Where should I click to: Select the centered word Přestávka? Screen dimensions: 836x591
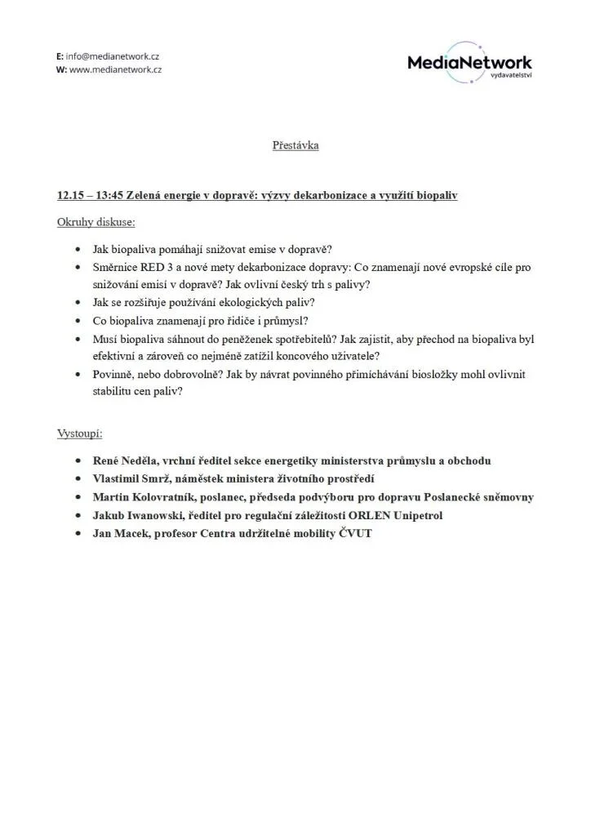pos(295,145)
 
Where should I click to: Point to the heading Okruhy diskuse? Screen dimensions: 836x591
pos(96,221)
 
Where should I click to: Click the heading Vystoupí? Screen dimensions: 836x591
pos(85,433)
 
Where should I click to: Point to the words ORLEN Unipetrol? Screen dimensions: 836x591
pos(410,515)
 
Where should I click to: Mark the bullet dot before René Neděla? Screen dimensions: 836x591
pos(78,461)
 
